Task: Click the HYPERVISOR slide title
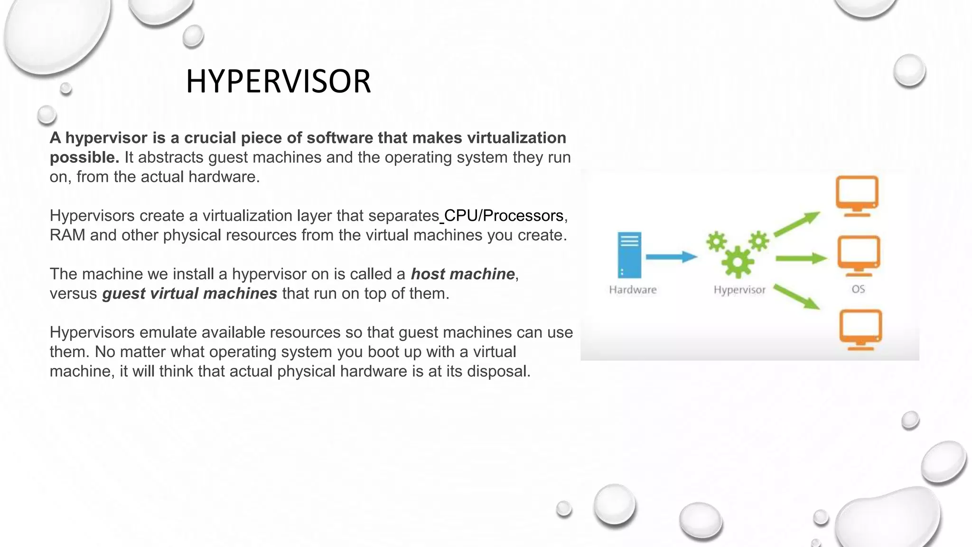278,81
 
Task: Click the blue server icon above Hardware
629,255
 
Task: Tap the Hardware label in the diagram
633,290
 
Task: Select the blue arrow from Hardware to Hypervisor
671,257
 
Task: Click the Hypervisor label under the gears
739,290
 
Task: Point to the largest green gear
737,262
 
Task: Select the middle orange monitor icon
858,255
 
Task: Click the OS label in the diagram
858,289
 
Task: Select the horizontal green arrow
801,259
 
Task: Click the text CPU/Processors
503,216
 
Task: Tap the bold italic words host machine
463,274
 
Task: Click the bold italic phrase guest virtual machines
189,293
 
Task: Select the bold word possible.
84,157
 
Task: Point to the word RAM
67,235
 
